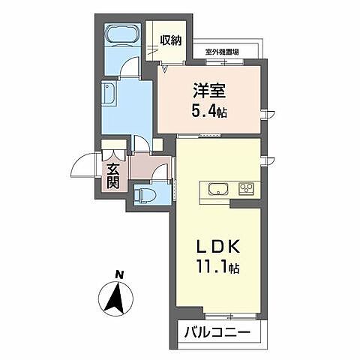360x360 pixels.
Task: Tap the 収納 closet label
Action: point(170,39)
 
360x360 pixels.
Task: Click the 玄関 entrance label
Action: point(112,174)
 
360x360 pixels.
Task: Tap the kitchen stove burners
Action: point(246,187)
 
